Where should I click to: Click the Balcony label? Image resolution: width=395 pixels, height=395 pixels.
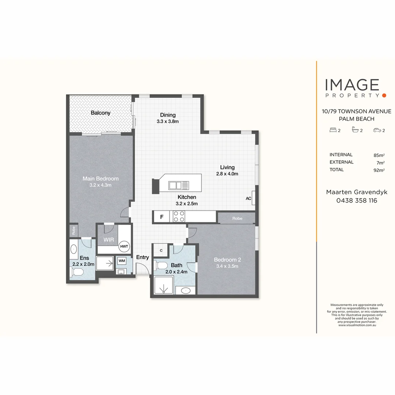tap(101, 113)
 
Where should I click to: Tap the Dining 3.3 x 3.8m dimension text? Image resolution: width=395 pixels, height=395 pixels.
tap(168, 121)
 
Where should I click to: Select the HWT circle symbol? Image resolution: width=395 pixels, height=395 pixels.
tap(124, 247)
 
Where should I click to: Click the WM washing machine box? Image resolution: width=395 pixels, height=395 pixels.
tap(122, 261)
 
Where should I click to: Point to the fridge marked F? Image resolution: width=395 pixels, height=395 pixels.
tap(162, 217)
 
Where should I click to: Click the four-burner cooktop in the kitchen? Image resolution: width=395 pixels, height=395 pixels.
tap(179, 217)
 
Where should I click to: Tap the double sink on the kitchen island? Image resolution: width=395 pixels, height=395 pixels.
tap(178, 185)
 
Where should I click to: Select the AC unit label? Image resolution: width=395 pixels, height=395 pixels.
tap(248, 199)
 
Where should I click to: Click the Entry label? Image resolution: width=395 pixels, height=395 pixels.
tap(143, 257)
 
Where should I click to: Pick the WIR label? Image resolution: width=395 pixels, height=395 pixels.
tap(109, 240)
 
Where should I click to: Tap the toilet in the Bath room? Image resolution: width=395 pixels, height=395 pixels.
tap(162, 266)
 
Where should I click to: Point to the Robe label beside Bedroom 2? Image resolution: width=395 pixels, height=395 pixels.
tap(237, 218)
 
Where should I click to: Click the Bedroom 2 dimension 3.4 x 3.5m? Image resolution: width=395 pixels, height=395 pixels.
tap(227, 266)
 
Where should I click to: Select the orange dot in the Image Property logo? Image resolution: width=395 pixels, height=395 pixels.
tap(384, 95)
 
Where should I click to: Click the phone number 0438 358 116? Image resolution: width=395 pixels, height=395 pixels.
tap(357, 200)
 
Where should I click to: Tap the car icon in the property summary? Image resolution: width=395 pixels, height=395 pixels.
tap(377, 130)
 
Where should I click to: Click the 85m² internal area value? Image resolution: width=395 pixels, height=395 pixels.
tap(379, 155)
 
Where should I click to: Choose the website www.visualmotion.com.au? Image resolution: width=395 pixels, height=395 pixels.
tap(357, 325)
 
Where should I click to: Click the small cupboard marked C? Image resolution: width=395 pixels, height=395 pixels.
tap(161, 251)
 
